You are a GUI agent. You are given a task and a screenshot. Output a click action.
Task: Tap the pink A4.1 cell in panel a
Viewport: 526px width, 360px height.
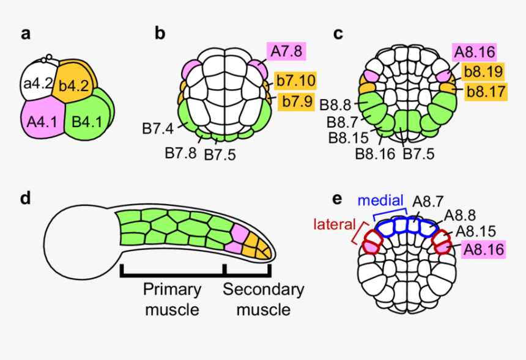(42, 121)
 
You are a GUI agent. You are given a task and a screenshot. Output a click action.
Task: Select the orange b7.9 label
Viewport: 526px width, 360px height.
(296, 101)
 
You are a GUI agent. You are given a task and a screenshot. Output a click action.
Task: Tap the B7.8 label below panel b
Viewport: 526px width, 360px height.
(181, 152)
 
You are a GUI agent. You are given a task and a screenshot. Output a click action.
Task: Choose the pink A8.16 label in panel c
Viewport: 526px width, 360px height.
(473, 53)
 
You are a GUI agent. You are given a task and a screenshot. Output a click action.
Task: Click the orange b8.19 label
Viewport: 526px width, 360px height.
(483, 72)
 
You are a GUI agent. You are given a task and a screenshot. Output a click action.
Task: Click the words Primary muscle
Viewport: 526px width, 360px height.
(172, 299)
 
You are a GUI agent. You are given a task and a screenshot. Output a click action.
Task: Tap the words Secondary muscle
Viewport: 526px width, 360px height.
(263, 299)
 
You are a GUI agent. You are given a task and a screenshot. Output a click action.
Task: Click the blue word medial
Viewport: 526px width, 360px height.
(381, 200)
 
